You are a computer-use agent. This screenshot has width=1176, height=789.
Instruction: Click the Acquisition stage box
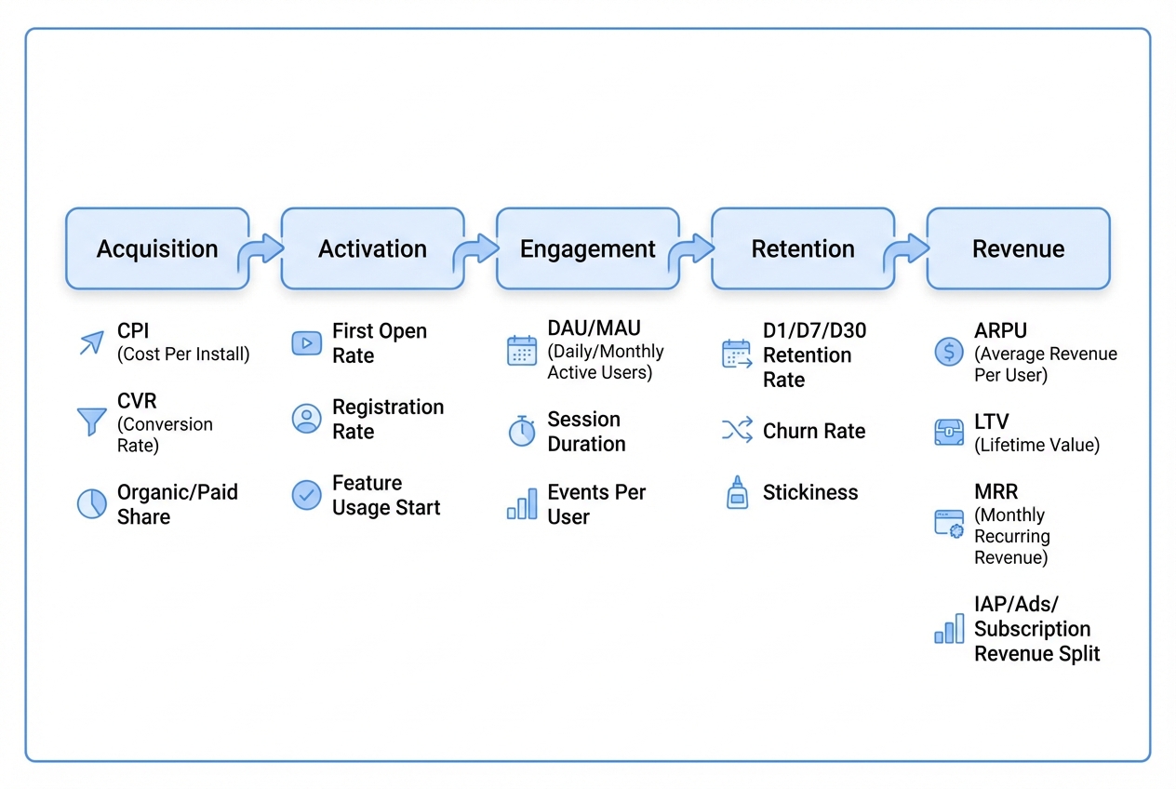pos(157,248)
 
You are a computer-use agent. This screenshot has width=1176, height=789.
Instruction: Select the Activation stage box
pos(372,248)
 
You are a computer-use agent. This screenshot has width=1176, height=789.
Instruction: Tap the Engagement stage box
pos(587,248)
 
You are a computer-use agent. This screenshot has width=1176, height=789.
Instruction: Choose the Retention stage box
pos(802,248)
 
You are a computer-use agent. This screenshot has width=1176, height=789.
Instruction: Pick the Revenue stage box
pos(1018,248)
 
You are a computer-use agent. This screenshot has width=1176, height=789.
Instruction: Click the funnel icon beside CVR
pos(91,421)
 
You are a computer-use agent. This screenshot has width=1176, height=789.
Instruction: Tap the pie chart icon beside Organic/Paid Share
pos(91,504)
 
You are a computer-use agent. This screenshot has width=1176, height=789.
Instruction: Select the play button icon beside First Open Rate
pos(306,343)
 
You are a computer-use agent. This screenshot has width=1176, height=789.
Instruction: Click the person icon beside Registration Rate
pos(306,419)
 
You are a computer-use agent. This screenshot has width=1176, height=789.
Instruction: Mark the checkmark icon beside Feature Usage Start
pos(306,495)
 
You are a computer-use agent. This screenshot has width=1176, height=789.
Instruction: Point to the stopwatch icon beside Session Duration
pos(522,432)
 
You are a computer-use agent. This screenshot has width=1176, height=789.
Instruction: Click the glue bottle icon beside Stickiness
pos(737,493)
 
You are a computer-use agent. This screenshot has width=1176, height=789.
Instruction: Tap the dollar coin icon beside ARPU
pos(949,352)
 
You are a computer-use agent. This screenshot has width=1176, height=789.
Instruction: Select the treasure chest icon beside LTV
pos(949,433)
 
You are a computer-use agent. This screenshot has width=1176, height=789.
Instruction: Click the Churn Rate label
pos(814,431)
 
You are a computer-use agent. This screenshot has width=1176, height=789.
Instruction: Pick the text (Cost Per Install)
pos(183,354)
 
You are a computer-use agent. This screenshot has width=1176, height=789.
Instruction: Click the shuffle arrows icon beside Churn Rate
pos(737,430)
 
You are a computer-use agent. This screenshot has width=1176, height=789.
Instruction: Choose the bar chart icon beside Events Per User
pos(522,504)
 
